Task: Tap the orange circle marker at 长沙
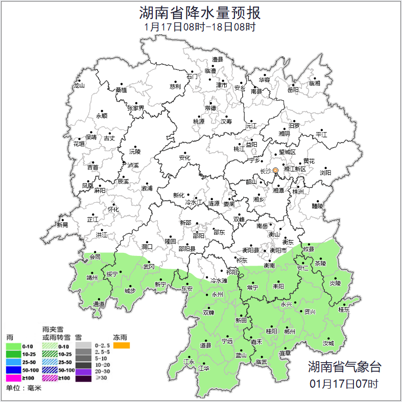point(276,170)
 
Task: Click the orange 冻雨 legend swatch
point(122,346)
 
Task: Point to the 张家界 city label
point(135,108)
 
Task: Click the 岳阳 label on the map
point(293,90)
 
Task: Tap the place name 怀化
point(113,209)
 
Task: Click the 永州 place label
point(217,295)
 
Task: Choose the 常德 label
point(210,108)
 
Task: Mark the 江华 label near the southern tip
point(204,368)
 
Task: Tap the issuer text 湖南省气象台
point(344,366)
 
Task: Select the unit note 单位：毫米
point(23,389)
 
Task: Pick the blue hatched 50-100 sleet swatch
point(50,370)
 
